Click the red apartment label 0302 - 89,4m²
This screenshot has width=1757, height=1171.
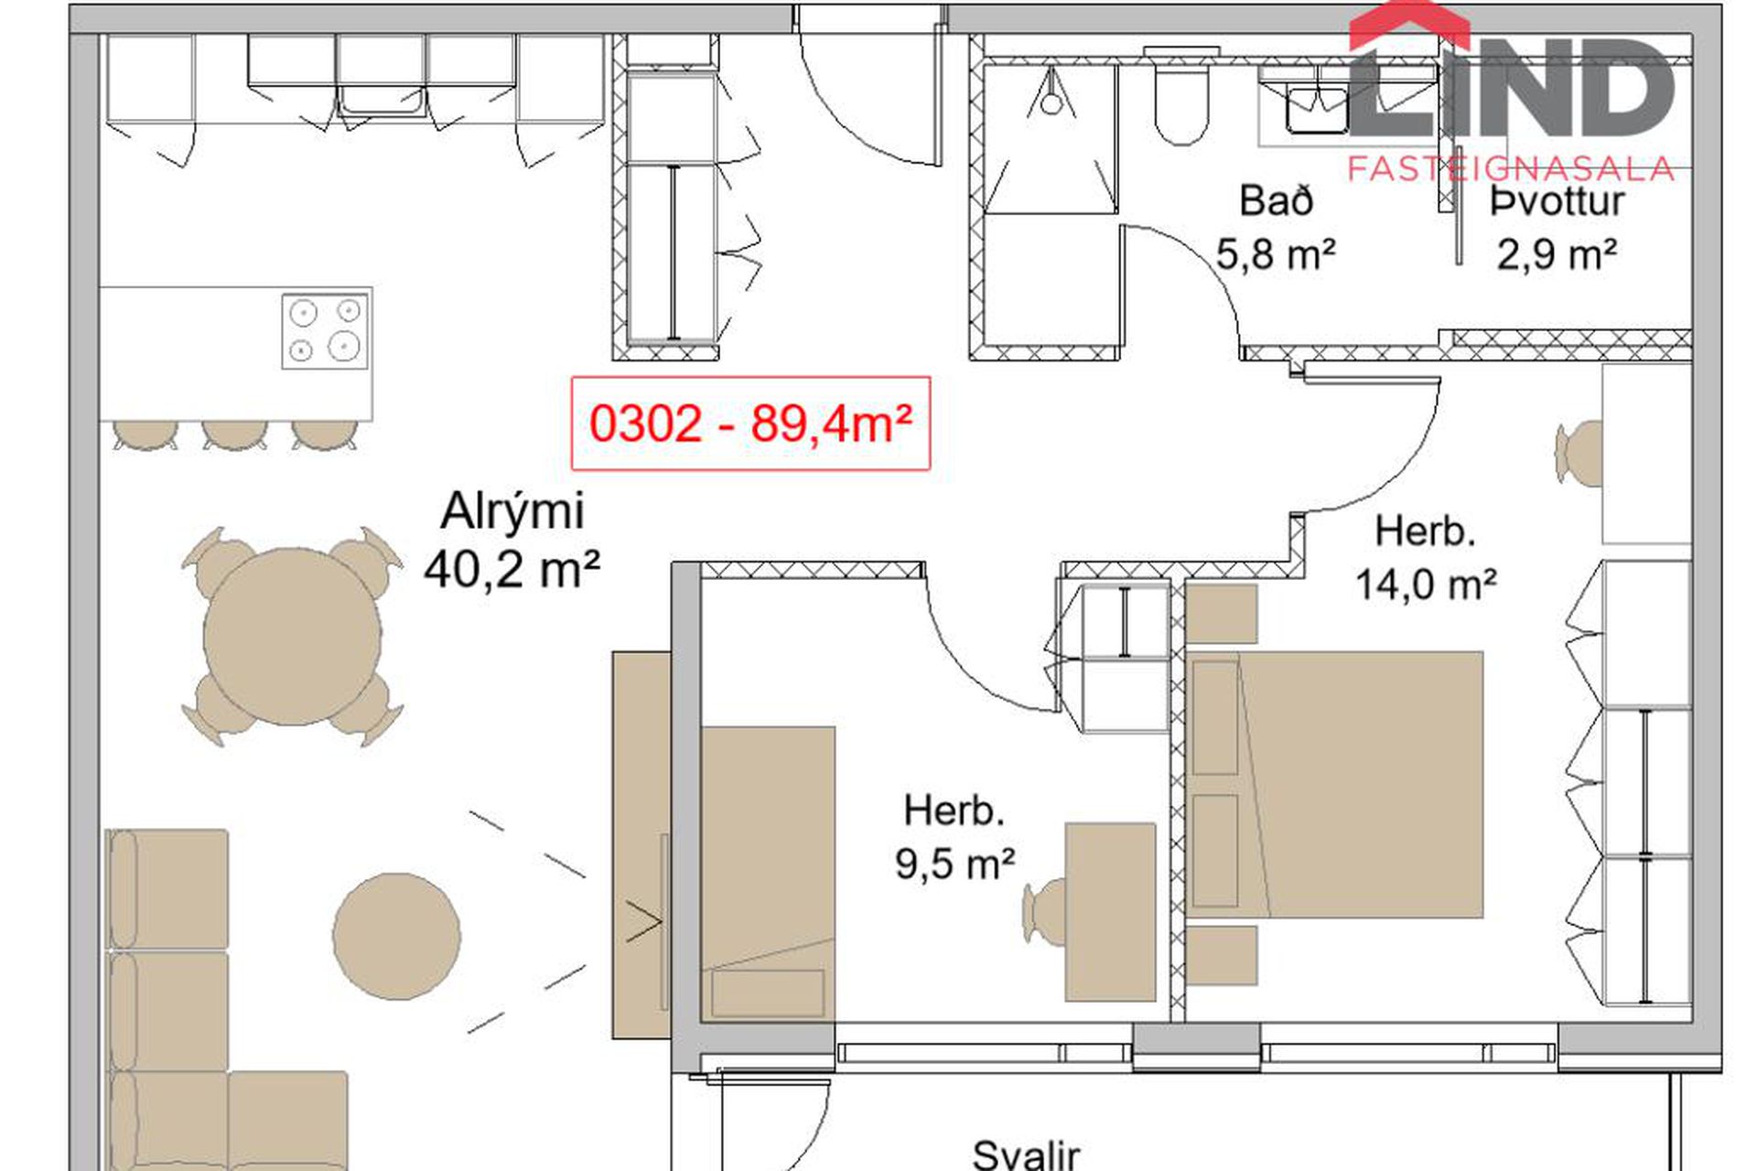[x=750, y=424]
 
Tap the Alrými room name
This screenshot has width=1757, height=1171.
[x=512, y=510]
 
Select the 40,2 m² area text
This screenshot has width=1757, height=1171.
[x=512, y=569]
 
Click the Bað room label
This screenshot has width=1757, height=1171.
[x=1276, y=200]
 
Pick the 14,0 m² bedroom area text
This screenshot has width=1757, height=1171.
[x=1426, y=584]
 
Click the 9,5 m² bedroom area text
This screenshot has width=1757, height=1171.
[x=954, y=863]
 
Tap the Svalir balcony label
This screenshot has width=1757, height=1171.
[x=1026, y=1155]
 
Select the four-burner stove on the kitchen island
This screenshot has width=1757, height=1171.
[x=325, y=330]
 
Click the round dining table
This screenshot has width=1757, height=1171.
[x=292, y=636]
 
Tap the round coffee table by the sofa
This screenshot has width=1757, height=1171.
[x=396, y=936]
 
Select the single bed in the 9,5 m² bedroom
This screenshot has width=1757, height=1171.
[x=768, y=874]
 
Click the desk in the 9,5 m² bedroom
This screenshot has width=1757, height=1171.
[x=1110, y=911]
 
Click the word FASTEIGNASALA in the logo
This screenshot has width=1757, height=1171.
[x=1511, y=168]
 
